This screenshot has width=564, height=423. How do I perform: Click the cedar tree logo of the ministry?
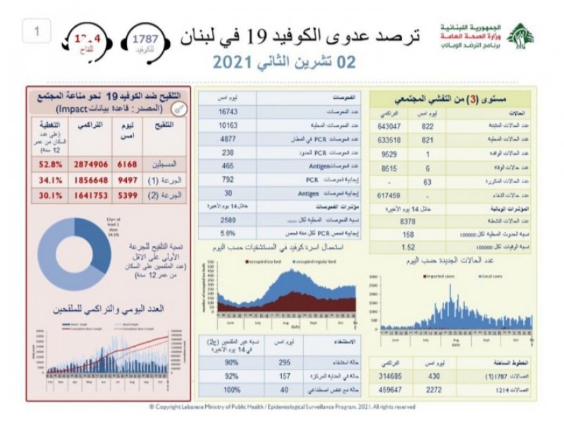[x=521, y=37]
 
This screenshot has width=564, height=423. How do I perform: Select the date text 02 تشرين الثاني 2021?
[x=284, y=63]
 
